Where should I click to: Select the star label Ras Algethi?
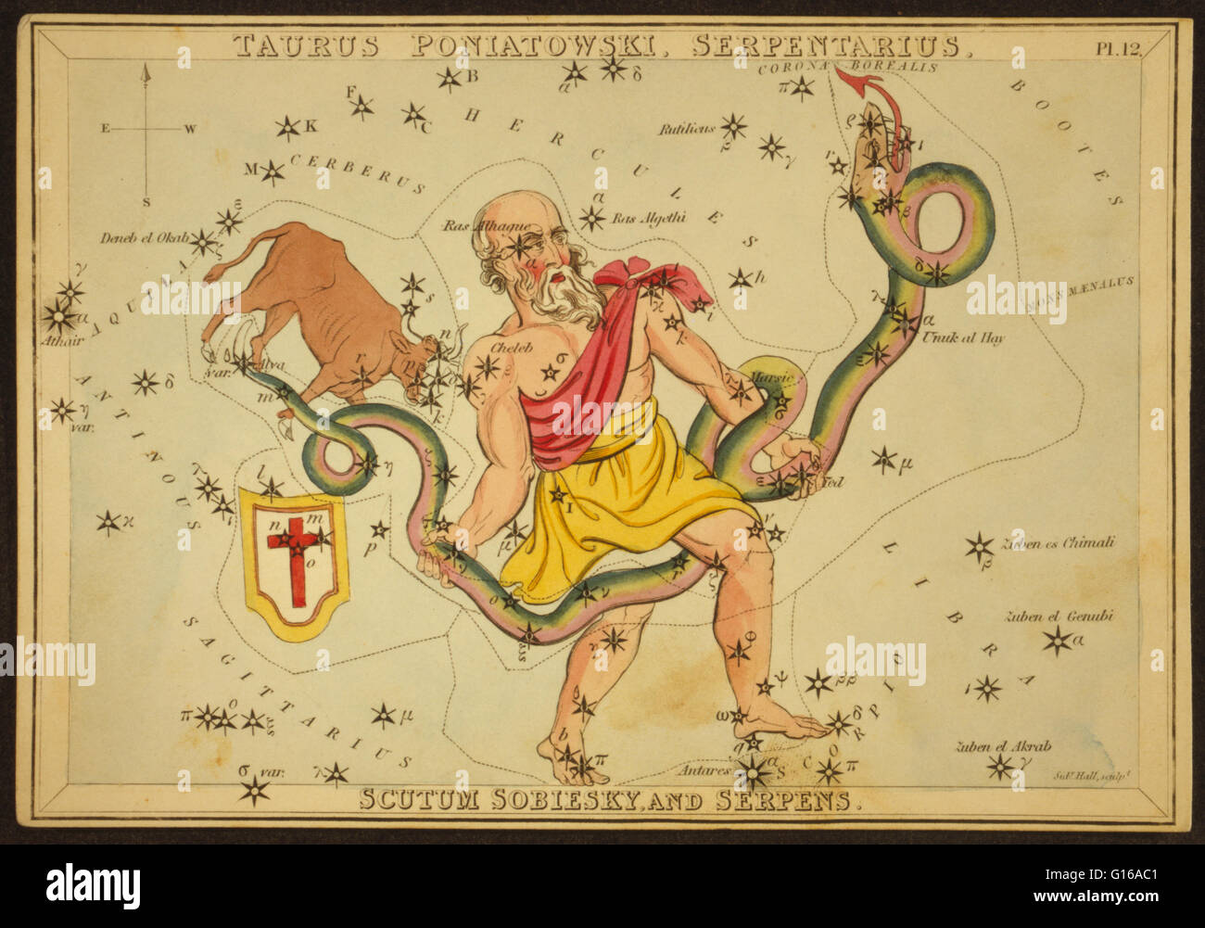point(649,219)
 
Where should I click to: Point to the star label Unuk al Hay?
point(963,337)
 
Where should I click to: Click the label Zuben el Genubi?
point(1056,617)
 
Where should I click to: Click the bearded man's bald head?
point(510,207)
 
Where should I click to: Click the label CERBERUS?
point(357,171)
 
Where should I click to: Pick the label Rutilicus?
point(687,130)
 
